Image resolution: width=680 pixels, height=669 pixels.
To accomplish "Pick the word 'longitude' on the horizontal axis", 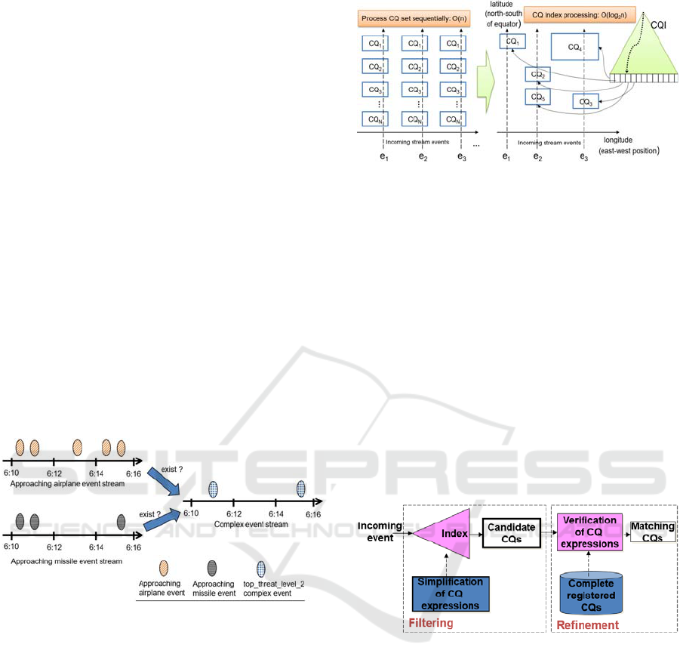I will [624, 140].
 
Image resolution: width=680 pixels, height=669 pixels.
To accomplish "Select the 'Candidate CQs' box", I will [510, 533].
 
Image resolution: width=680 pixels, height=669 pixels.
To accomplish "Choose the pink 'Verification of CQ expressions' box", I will [589, 532].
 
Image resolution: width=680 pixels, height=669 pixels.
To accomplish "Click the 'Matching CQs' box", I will [652, 531].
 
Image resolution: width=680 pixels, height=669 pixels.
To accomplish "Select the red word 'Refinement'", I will [587, 625].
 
